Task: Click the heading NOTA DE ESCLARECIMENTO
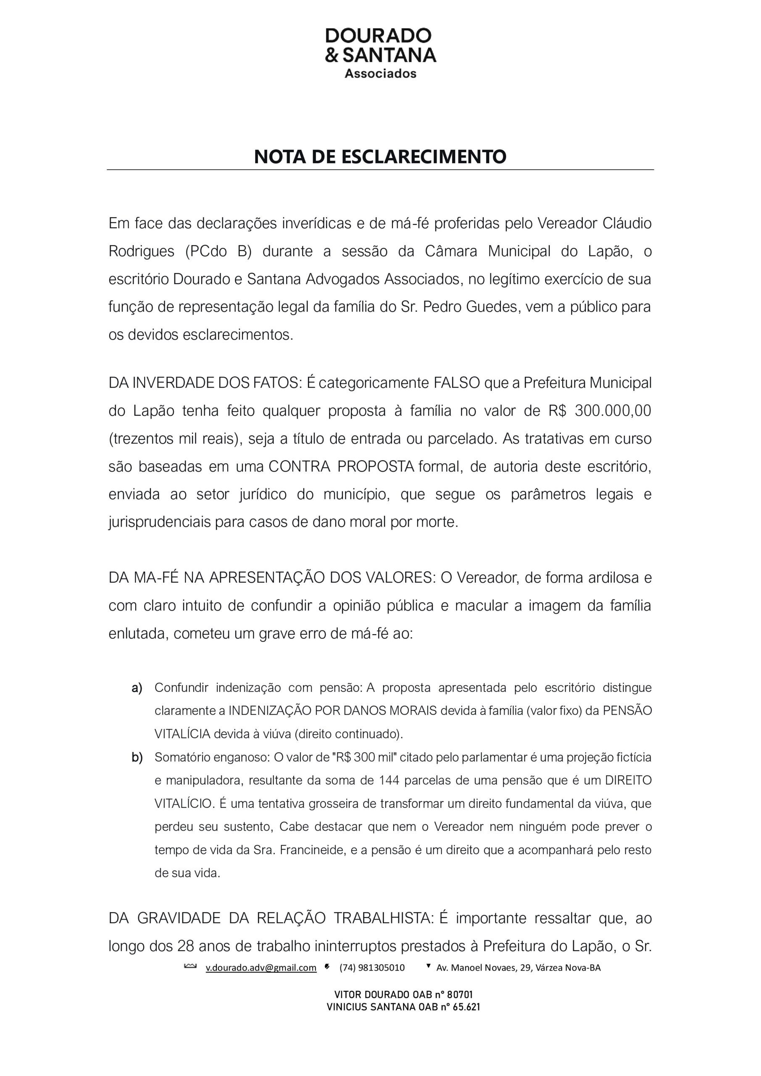point(380,156)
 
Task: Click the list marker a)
point(137,688)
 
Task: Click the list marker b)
point(137,757)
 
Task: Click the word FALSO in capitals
point(456,383)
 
